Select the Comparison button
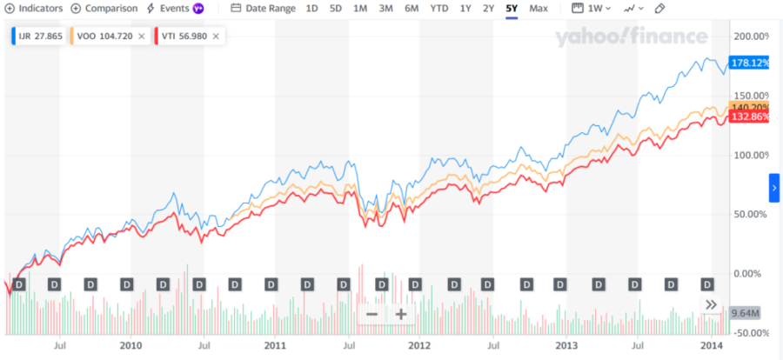coord(104,9)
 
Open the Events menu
coord(175,9)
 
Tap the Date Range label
coord(264,9)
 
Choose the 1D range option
coord(312,9)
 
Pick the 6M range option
coord(411,9)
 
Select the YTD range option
coord(439,9)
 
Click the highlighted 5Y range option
coord(512,9)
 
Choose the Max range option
coord(539,9)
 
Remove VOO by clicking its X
coord(141,37)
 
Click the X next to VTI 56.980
coord(215,37)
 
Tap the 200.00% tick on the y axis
coord(753,37)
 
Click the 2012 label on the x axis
coord(419,345)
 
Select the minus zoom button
coord(371,314)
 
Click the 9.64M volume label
coord(745,313)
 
